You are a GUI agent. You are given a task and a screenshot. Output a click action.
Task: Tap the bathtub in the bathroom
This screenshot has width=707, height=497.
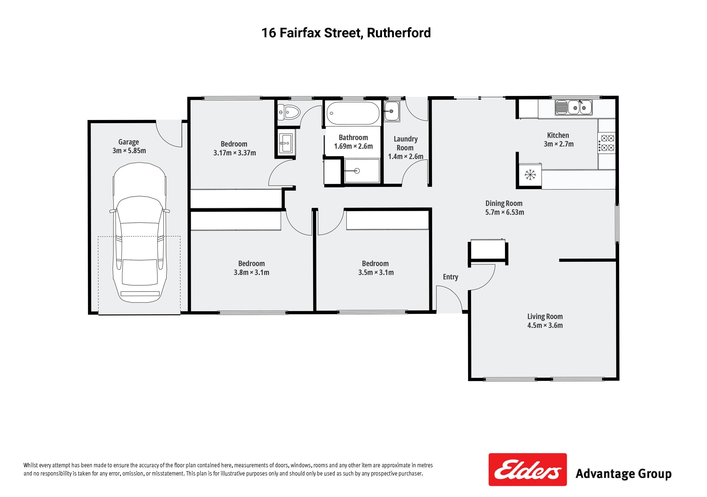pyautogui.click(x=353, y=113)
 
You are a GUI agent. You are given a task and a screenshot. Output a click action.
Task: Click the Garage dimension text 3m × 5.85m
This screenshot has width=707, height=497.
pyautogui.click(x=129, y=151)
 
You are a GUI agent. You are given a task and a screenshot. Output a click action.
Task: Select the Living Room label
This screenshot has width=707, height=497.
pyautogui.click(x=545, y=316)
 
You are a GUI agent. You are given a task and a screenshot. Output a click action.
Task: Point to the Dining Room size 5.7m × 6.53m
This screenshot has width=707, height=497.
pyautogui.click(x=504, y=212)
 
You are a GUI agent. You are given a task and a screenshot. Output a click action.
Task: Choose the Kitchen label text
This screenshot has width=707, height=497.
pyautogui.click(x=558, y=135)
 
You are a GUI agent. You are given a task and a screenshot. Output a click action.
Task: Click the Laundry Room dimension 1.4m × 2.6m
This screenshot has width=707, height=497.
pyautogui.click(x=406, y=157)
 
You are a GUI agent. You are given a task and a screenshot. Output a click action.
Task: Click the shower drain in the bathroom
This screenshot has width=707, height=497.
pyautogui.click(x=357, y=171)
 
